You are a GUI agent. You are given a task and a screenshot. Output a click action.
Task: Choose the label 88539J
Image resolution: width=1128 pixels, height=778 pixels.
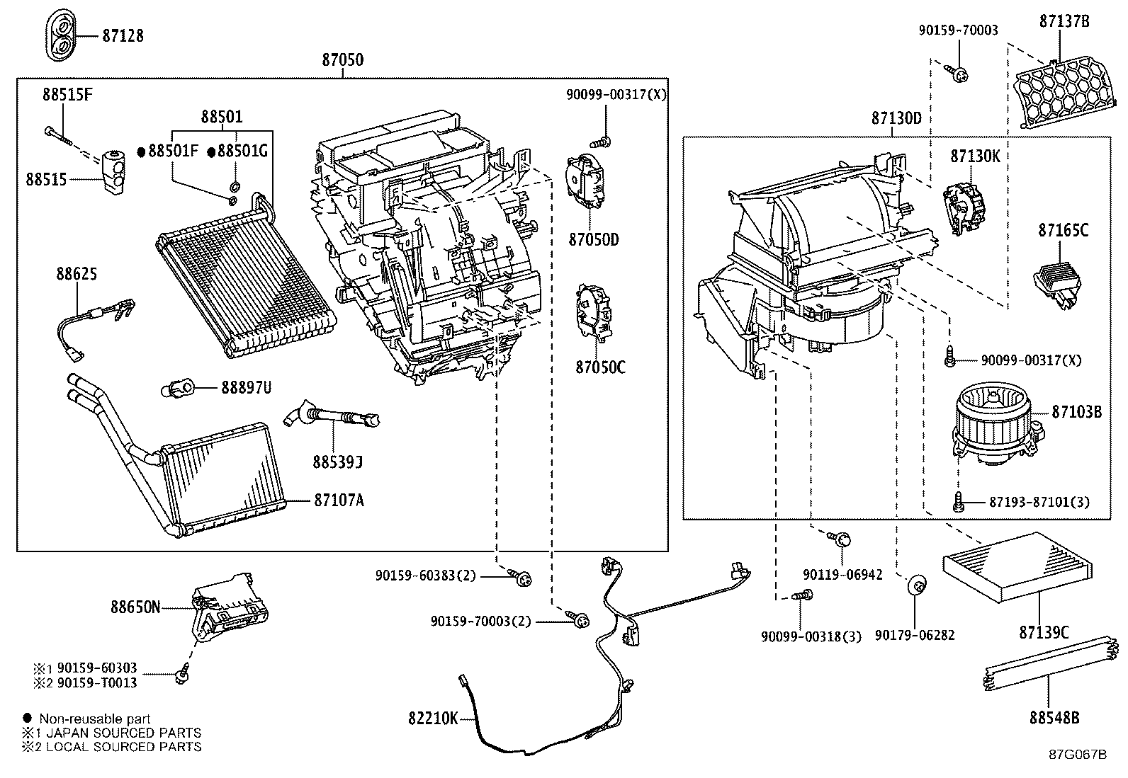(337, 462)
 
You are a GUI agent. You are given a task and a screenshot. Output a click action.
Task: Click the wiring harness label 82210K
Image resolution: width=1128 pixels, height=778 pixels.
(432, 718)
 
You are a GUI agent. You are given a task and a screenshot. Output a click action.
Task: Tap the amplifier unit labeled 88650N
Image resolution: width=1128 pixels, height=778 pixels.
(230, 605)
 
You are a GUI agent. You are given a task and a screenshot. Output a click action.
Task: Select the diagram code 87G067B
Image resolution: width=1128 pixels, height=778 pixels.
(1077, 754)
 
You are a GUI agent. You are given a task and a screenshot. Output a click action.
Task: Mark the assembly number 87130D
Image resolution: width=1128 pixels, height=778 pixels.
(896, 119)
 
